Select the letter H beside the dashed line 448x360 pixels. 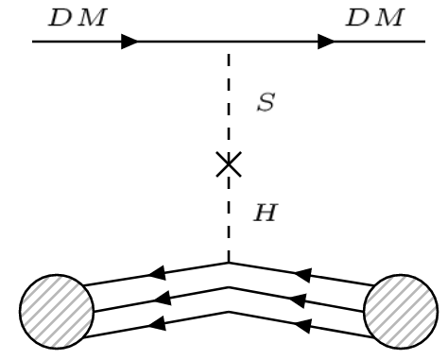click(x=267, y=214)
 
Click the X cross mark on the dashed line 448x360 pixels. click(x=229, y=166)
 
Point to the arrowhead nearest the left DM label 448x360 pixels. click(x=129, y=43)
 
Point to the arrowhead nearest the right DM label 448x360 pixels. click(x=326, y=43)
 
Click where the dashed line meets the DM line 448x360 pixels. click(x=229, y=43)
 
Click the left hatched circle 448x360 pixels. click(x=57, y=308)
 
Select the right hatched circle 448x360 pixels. click(x=401, y=308)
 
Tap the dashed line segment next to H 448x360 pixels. click(x=229, y=217)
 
